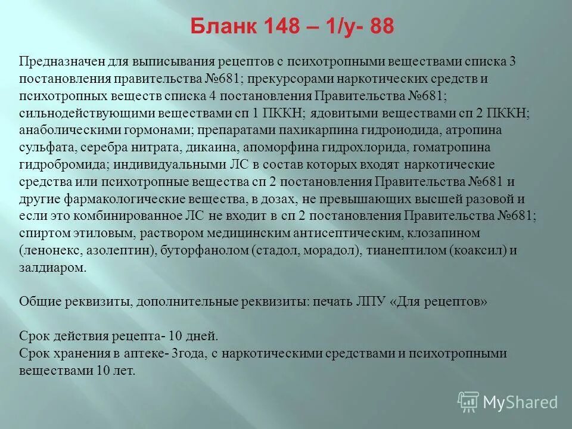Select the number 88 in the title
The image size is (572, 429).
(x=381, y=27)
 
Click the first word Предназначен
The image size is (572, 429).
(x=60, y=61)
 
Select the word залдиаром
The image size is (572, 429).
(x=52, y=268)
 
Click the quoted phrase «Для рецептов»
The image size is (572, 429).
(x=441, y=301)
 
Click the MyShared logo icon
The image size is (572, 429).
(x=468, y=401)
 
